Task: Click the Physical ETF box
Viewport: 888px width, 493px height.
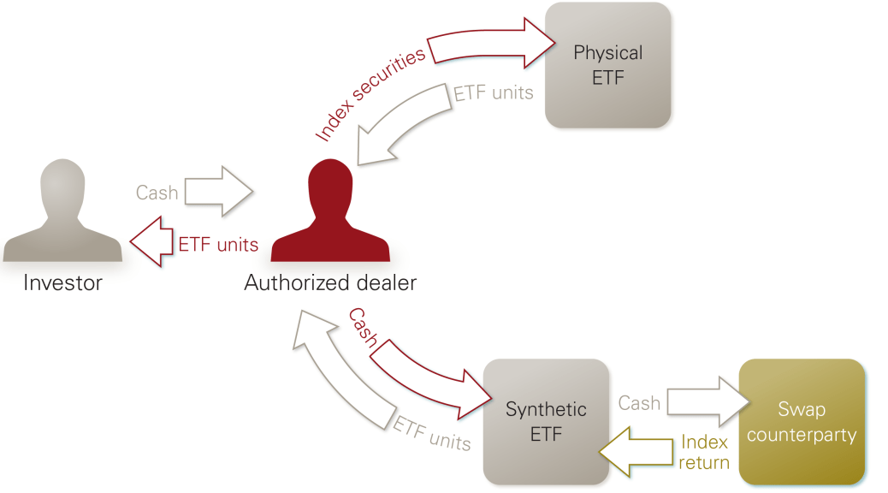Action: click(x=607, y=65)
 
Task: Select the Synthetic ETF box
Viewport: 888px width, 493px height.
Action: click(x=546, y=421)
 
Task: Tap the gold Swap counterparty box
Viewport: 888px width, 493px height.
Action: click(x=802, y=422)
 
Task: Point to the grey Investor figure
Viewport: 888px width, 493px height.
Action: click(x=62, y=212)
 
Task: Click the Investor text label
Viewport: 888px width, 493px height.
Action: click(x=62, y=282)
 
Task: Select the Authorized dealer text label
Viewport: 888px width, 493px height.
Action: click(x=330, y=282)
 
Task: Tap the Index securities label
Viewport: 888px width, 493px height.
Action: click(x=370, y=95)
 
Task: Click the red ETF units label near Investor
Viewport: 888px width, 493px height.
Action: click(x=218, y=245)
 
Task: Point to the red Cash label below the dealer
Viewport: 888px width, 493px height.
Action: click(x=363, y=327)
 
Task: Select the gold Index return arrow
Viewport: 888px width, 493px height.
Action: click(x=636, y=451)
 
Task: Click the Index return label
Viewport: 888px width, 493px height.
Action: click(x=704, y=452)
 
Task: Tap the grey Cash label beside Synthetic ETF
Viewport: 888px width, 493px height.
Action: click(x=638, y=403)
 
